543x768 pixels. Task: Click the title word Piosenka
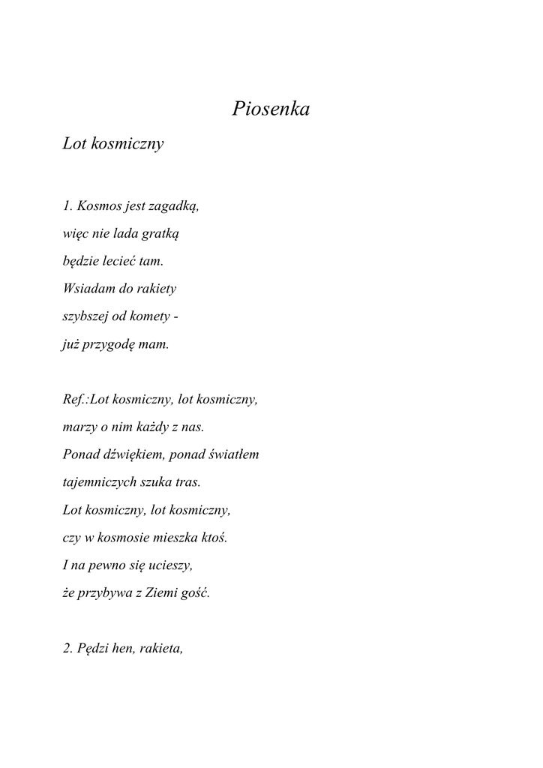(271, 109)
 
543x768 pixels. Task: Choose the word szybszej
(85, 316)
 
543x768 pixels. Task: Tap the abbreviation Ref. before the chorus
(74, 400)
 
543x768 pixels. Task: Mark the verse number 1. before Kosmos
(67, 206)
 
